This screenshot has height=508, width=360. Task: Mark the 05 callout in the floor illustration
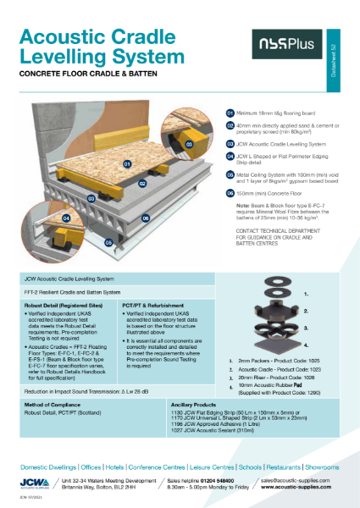click(108, 241)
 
